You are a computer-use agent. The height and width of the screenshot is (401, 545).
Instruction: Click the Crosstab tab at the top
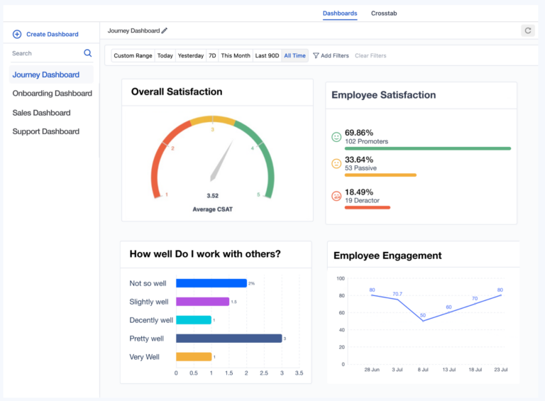(384, 13)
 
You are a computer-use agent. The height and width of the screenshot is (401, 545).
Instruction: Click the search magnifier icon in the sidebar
(88, 53)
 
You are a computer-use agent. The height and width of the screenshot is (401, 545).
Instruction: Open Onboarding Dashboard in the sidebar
(52, 94)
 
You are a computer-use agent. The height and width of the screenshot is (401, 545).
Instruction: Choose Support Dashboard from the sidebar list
(45, 131)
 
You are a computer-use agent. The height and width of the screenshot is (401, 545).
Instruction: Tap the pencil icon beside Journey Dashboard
(165, 31)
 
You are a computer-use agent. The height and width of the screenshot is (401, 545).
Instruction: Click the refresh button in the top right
(527, 31)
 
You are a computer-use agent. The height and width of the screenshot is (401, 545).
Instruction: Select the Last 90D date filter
(267, 55)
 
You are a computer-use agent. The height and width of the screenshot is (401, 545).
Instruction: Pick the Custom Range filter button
(133, 55)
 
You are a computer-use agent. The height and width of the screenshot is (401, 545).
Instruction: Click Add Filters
(331, 55)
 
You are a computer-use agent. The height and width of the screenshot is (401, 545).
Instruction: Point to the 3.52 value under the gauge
(212, 196)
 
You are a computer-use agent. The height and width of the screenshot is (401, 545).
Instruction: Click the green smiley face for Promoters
(336, 136)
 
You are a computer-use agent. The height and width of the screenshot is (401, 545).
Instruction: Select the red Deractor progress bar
(367, 207)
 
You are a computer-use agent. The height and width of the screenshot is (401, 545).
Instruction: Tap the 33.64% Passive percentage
(358, 159)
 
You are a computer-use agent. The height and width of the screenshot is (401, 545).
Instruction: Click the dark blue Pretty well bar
(229, 339)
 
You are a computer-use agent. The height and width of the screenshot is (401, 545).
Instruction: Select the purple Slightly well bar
(202, 302)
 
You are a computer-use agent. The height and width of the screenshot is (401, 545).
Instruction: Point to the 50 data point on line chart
(423, 321)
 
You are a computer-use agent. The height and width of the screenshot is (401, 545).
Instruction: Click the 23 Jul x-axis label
(500, 370)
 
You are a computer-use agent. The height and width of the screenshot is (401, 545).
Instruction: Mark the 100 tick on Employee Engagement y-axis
(340, 278)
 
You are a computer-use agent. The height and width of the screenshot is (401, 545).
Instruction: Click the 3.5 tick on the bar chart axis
(299, 373)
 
